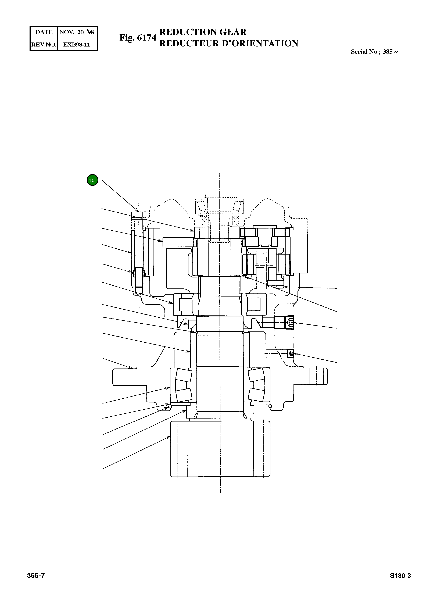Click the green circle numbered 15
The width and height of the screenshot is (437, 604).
(92, 180)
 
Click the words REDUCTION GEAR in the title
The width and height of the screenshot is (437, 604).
(203, 32)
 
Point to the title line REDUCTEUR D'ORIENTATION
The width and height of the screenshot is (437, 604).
(228, 43)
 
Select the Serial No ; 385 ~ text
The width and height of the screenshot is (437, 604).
(374, 52)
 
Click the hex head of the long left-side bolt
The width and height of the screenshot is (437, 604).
(138, 215)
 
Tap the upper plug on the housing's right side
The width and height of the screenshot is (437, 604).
(289, 323)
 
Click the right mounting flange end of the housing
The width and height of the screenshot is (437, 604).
(318, 376)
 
